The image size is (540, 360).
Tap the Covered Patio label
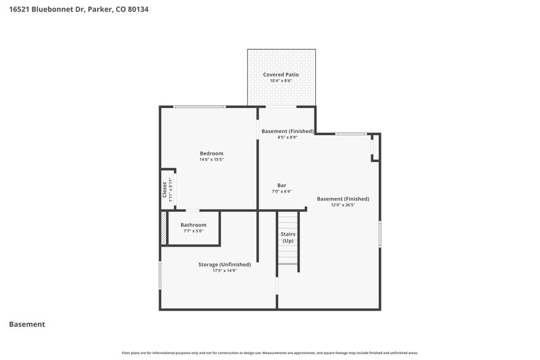(281, 74)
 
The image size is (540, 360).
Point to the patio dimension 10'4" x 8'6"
(281, 81)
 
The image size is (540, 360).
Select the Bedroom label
(211, 153)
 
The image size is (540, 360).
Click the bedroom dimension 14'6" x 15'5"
(211, 160)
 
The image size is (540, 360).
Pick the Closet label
(165, 189)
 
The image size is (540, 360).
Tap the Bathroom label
(193, 224)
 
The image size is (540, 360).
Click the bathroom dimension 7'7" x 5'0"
(193, 231)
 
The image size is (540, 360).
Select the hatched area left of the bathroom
(163, 228)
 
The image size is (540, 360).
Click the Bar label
(281, 185)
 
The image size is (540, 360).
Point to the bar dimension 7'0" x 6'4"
(281, 191)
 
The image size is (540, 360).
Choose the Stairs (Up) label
(288, 237)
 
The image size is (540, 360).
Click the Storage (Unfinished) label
(224, 264)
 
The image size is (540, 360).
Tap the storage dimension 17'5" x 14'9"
(224, 270)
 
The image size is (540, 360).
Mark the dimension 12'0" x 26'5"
(343, 205)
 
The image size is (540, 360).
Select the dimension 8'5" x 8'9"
(288, 137)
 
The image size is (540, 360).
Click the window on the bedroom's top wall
(200, 107)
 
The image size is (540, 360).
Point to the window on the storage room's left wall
(160, 276)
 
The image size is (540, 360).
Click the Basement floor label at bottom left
(27, 324)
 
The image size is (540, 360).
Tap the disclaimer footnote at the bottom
(270, 353)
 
